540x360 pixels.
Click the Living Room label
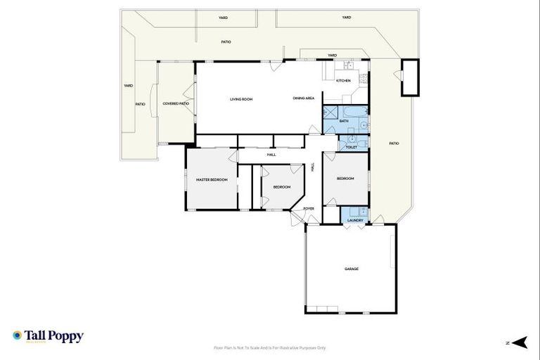click(x=240, y=99)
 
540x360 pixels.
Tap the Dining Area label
click(x=303, y=98)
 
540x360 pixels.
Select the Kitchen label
click(x=343, y=81)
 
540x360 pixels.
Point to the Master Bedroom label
click(x=212, y=180)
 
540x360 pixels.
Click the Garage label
click(x=352, y=269)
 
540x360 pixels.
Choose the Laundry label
click(x=354, y=220)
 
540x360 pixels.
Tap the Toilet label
click(x=352, y=148)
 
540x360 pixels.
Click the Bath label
click(x=344, y=121)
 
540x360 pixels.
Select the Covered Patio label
click(x=176, y=103)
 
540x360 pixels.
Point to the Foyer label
click(x=308, y=209)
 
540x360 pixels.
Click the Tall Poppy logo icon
click(x=17, y=335)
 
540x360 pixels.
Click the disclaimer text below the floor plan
click(x=269, y=347)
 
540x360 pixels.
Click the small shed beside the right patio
click(x=409, y=77)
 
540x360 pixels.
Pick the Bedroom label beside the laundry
click(x=345, y=179)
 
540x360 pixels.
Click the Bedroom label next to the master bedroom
click(x=281, y=186)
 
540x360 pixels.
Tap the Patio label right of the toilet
click(x=394, y=143)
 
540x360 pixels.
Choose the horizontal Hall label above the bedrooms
click(x=271, y=155)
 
